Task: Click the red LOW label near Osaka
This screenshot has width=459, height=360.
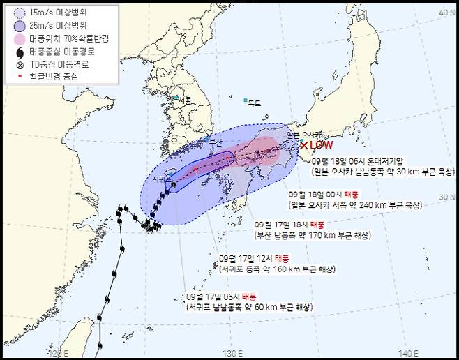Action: [322, 145]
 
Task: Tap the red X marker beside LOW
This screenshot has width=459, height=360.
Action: [304, 145]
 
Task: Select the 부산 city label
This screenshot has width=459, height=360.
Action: [216, 142]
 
